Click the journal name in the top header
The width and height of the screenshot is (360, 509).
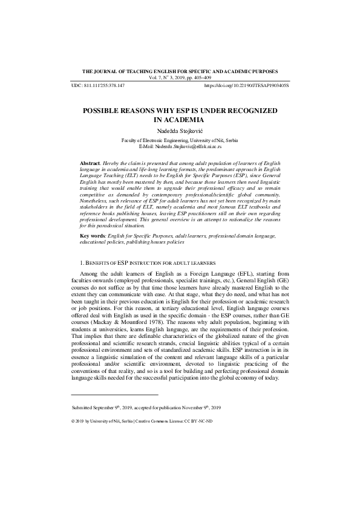point(180,71)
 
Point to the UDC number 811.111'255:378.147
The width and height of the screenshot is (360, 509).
point(107,86)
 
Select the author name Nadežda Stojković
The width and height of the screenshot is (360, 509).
point(180,131)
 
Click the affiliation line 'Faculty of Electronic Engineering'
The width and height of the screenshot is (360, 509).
point(180,140)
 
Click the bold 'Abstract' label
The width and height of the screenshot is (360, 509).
point(91,164)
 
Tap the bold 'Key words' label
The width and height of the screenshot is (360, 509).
point(94,236)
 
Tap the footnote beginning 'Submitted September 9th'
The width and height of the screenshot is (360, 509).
point(146,408)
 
